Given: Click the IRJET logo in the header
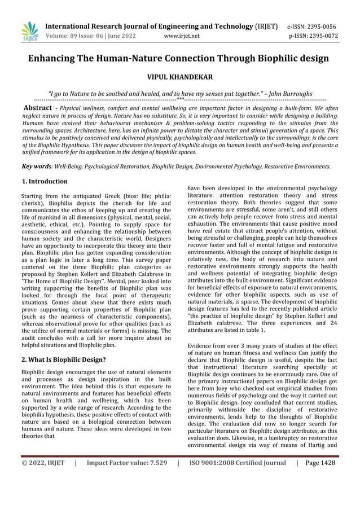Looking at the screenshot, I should tap(29, 32).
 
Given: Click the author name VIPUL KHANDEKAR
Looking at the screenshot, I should tap(179, 76).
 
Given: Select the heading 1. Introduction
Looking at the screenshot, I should tap(44, 182).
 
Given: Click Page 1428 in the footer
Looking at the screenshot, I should tap(319, 463).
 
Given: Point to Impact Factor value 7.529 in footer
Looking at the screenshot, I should tap(126, 463).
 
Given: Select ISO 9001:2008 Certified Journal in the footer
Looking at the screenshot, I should tap(238, 463).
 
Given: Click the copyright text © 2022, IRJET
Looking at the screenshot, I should tap(43, 463).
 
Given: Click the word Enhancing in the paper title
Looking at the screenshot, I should tap(55, 58).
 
